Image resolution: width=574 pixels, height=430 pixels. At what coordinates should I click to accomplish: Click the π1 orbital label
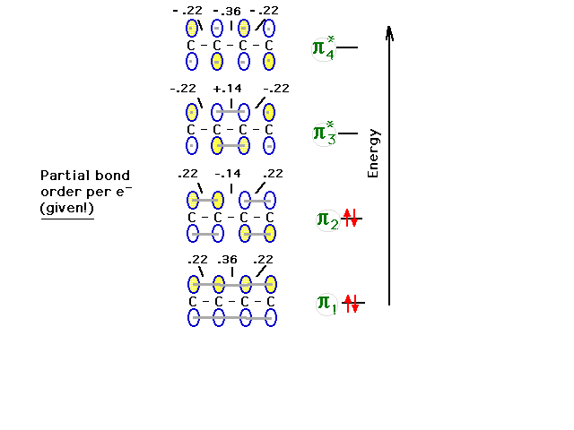(x=326, y=304)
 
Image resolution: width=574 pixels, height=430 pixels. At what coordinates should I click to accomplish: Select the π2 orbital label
(x=327, y=220)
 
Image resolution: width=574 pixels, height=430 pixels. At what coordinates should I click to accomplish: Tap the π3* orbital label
(x=325, y=133)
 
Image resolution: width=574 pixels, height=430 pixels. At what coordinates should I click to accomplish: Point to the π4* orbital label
(x=324, y=47)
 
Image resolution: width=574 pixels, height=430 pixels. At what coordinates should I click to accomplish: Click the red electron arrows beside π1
(x=352, y=303)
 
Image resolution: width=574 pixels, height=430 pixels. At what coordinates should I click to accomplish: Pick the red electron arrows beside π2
(x=351, y=218)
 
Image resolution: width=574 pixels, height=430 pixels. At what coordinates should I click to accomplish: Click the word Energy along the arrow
(x=373, y=153)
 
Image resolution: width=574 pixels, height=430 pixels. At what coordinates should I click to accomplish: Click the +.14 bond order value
(x=227, y=89)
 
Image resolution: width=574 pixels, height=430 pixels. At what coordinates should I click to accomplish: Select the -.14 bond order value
(x=228, y=174)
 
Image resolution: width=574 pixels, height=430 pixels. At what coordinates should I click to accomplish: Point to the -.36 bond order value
(x=227, y=12)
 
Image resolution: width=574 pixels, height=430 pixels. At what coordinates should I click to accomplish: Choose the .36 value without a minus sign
(x=227, y=260)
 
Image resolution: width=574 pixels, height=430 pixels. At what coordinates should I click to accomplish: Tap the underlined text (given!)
(x=67, y=209)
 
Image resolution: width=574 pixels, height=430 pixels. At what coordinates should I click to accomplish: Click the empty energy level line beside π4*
(x=347, y=47)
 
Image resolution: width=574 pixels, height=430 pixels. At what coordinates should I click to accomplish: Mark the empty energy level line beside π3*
(x=348, y=133)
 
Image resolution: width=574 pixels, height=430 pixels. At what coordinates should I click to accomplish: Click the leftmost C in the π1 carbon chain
(x=193, y=302)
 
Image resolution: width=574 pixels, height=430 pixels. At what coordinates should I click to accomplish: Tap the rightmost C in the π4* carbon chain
(x=269, y=46)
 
